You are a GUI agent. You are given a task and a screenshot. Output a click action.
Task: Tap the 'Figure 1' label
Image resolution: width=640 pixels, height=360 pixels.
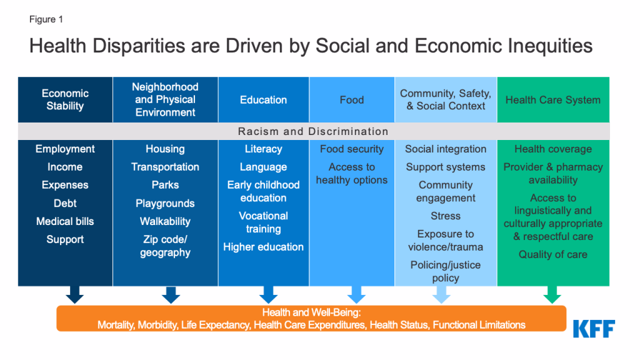point(46,19)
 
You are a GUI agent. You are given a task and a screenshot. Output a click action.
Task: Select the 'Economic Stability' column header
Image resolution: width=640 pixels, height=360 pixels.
point(65,99)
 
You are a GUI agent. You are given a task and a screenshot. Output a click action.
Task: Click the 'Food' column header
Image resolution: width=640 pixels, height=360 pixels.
point(351,99)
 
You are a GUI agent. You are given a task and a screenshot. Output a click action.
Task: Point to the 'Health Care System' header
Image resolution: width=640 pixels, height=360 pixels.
point(552,99)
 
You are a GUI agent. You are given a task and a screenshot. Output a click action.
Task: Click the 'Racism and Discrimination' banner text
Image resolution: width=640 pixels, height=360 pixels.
point(313,131)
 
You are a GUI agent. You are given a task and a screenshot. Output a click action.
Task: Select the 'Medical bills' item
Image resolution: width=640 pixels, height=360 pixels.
point(65,221)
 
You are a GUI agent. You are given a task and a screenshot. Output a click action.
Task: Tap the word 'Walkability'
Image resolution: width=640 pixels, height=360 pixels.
point(165,221)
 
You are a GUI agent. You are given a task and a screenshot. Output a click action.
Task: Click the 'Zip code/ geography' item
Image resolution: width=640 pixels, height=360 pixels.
point(165,246)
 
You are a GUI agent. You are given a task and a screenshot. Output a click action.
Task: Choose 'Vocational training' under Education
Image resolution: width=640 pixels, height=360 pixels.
point(263,222)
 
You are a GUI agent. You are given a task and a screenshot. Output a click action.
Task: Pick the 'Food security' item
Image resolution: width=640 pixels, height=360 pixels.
point(351,149)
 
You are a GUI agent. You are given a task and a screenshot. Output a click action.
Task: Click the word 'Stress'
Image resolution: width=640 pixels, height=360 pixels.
point(445,216)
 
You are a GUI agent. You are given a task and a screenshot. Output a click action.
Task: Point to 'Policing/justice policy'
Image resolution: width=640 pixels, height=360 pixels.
point(445,271)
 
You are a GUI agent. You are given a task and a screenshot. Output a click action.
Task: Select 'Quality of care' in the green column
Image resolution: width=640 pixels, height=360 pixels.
point(552,254)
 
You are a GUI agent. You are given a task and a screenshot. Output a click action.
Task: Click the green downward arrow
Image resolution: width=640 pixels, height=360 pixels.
point(552,294)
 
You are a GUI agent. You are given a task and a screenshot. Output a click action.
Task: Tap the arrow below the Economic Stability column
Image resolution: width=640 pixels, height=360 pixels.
point(74,294)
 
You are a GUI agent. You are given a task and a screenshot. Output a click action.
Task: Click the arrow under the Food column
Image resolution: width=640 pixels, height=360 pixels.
point(356,294)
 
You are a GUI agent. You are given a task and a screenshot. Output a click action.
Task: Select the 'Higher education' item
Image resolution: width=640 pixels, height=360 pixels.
point(263,247)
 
